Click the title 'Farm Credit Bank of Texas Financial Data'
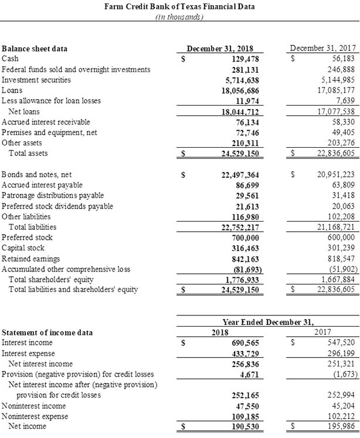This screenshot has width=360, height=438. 179,6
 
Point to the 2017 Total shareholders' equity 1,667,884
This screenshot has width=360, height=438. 336,279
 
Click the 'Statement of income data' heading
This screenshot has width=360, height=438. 47,332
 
